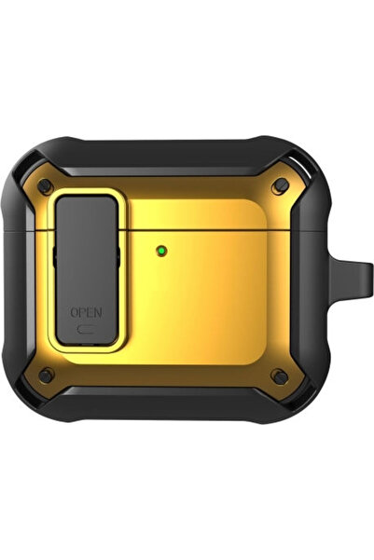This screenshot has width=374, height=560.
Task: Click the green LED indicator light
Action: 162,251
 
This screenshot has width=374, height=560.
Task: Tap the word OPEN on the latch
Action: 86,312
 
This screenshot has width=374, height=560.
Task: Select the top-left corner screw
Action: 46,186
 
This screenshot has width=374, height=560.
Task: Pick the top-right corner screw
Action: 280,185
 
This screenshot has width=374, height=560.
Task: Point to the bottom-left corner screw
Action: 46,376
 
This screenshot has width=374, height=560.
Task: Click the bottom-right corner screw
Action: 280,376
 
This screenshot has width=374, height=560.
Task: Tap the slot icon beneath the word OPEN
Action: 86,330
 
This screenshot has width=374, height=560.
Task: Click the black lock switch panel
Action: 87,270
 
